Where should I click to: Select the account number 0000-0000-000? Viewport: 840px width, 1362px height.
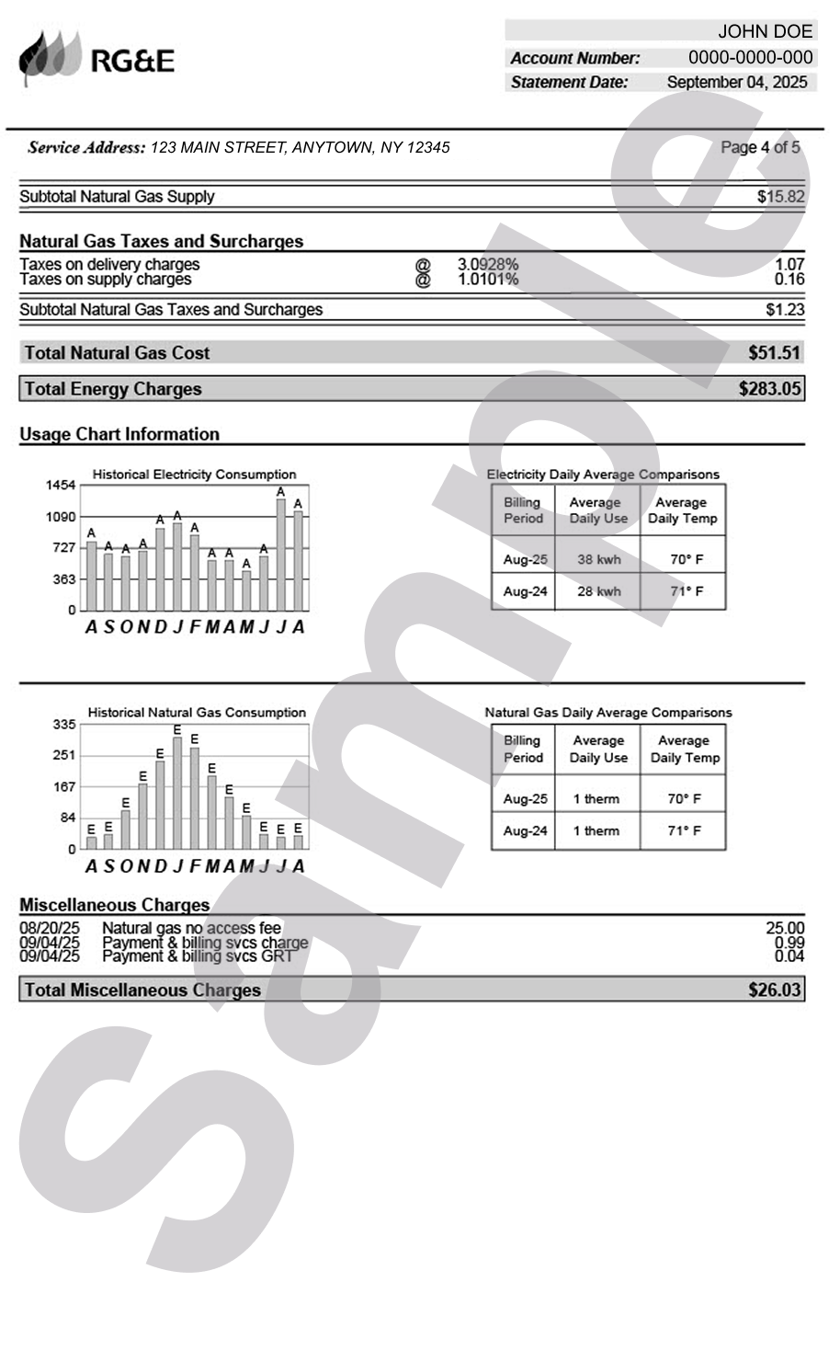point(750,57)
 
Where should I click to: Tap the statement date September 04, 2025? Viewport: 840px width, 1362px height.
point(736,82)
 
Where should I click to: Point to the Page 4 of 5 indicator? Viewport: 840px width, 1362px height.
point(760,147)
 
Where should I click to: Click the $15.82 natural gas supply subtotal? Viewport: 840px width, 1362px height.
point(780,197)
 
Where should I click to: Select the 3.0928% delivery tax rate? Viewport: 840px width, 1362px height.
point(487,264)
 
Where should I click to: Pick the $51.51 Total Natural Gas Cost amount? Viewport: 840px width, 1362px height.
point(774,353)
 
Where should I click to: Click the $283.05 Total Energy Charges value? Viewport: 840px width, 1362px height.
point(769,389)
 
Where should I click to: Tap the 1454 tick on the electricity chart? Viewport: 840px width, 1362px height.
point(61,485)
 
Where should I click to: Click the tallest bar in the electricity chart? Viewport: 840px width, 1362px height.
point(281,555)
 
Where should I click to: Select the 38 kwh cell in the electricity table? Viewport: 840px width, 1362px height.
point(598,559)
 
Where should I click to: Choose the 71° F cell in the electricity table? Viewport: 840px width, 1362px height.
point(686,591)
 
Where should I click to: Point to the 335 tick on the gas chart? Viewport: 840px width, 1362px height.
point(63,725)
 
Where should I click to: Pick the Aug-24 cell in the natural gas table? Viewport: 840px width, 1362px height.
point(525,830)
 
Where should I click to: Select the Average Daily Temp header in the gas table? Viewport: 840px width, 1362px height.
point(684,749)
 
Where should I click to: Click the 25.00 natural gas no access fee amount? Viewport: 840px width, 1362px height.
point(784,928)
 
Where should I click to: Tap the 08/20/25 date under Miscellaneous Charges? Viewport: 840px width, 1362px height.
point(50,928)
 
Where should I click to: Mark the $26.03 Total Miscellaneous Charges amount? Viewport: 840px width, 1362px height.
point(774,990)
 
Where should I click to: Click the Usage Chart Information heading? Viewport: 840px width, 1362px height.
point(119,434)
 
